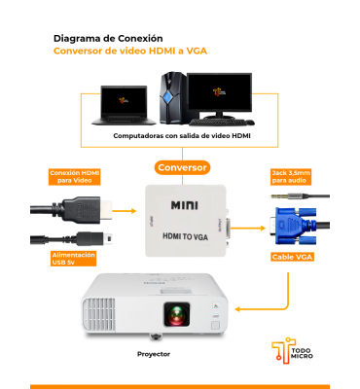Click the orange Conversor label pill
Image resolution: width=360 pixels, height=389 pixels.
[182, 167]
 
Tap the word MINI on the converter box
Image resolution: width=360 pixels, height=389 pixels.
[185, 205]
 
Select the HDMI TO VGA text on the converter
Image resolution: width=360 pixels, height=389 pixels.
[185, 236]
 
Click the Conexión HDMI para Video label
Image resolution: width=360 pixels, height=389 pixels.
[74, 177]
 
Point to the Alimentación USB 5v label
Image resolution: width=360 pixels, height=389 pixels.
[74, 259]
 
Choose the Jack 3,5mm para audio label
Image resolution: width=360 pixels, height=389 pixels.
[291, 177]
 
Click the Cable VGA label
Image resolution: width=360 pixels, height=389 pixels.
[292, 257]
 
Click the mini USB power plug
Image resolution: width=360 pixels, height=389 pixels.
[94, 238]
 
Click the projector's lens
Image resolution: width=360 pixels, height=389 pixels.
[177, 314]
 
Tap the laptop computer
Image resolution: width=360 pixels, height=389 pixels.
[124, 105]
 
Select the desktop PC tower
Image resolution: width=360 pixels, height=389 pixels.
[173, 98]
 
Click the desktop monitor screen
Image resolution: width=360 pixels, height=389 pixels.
[219, 91]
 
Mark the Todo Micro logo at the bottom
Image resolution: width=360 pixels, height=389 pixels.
[292, 351]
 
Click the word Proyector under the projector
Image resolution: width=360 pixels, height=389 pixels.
[154, 354]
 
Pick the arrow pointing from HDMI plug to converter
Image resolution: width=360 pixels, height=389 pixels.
[125, 211]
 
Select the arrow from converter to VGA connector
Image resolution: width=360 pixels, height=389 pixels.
[248, 229]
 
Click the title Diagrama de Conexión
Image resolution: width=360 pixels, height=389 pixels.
[108, 38]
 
